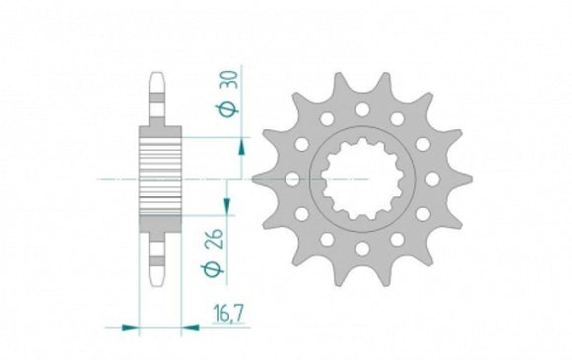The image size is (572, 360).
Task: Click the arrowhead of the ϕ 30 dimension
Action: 241,148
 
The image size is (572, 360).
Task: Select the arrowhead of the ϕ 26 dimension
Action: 228,204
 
